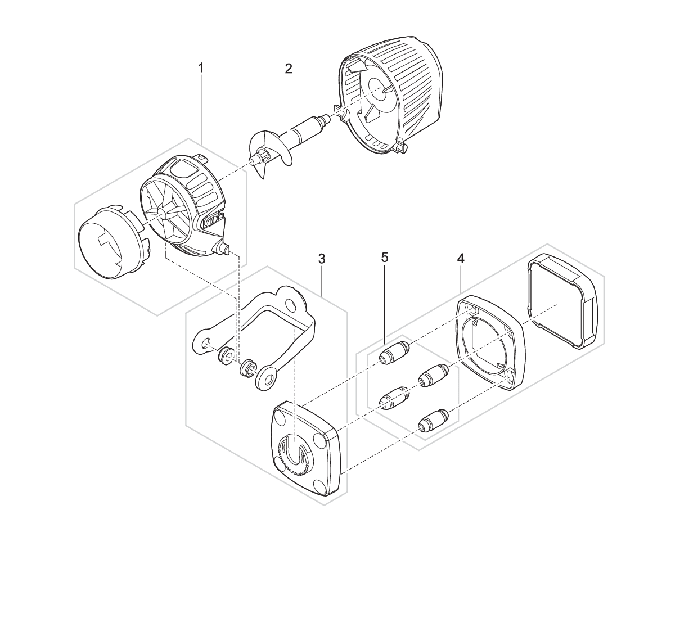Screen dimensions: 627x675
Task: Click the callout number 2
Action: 289,69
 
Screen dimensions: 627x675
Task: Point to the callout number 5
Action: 385,258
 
